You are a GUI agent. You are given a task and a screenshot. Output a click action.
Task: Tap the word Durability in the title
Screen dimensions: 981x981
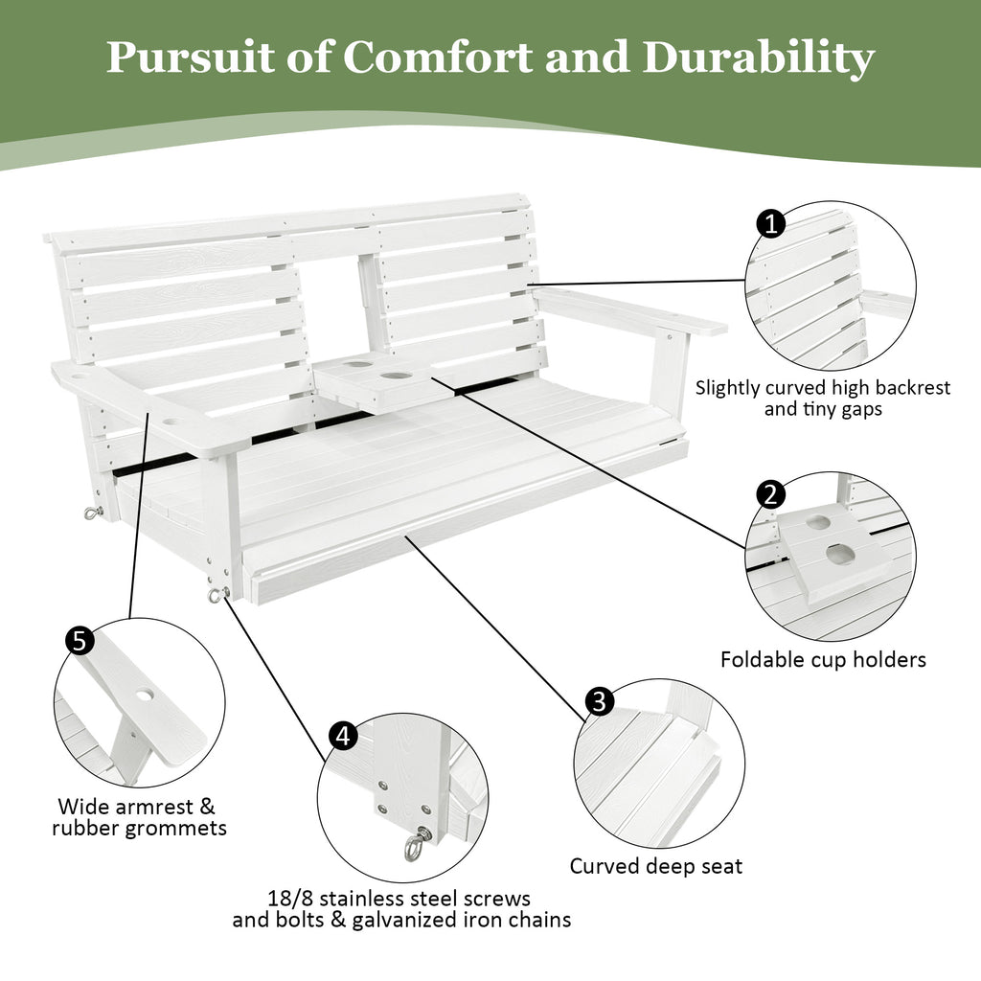[758, 59]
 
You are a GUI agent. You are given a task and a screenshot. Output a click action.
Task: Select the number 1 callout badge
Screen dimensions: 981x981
[771, 224]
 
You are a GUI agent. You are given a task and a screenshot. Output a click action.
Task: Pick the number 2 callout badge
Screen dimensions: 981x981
[771, 495]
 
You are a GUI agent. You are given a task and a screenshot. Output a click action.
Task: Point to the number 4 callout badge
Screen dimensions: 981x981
[344, 736]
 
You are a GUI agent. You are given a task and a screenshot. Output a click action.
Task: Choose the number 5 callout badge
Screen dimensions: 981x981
[80, 640]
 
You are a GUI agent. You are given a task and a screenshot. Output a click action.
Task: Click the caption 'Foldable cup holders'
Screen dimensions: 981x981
[823, 660]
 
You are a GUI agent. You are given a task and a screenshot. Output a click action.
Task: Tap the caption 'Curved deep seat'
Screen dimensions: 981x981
[656, 866]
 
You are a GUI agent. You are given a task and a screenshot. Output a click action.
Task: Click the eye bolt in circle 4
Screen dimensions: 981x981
[416, 844]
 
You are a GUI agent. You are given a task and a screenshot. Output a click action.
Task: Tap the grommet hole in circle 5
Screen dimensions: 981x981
[144, 692]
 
